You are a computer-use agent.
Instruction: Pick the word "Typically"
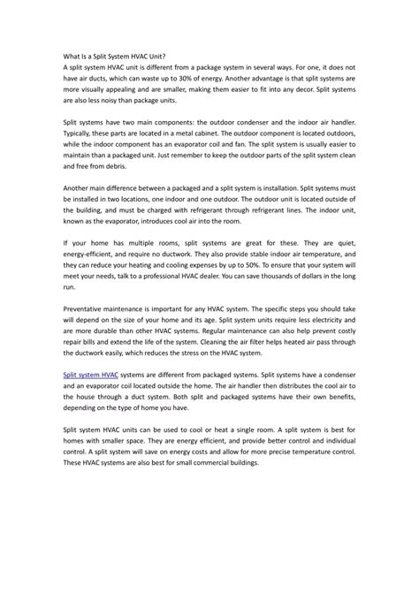pyautogui.click(x=81, y=140)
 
